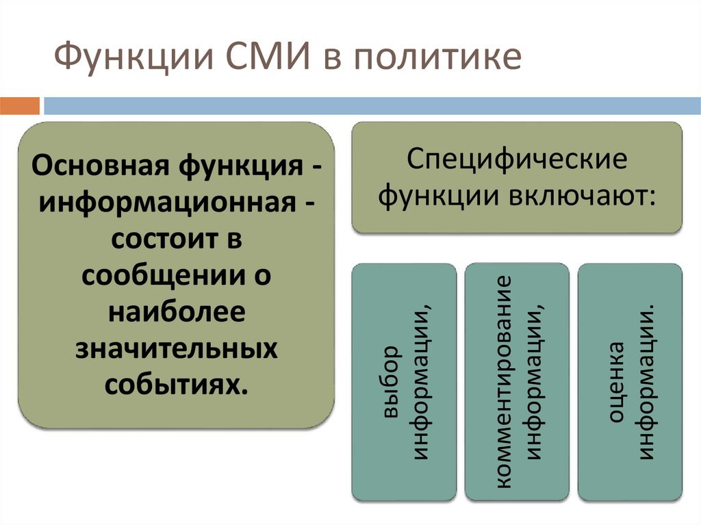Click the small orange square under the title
point(20,105)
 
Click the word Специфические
point(517,161)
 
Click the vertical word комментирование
point(505,381)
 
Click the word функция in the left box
point(242,166)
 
